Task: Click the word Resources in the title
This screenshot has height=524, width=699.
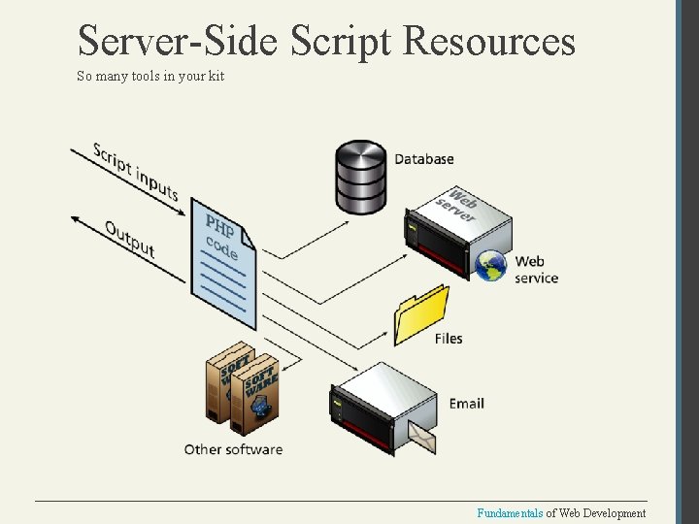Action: click(x=488, y=42)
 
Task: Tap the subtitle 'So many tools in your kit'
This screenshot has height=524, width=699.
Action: click(x=150, y=76)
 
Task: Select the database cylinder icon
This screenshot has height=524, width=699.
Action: click(x=361, y=176)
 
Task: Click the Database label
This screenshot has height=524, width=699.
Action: click(x=424, y=159)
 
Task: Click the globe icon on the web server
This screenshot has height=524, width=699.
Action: click(x=490, y=265)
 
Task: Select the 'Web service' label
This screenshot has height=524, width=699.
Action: click(x=536, y=269)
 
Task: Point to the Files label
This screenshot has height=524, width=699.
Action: click(x=449, y=339)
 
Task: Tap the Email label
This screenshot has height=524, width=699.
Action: click(x=466, y=403)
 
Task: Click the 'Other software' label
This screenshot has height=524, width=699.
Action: click(x=233, y=449)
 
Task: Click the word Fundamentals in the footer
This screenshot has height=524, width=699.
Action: click(x=510, y=513)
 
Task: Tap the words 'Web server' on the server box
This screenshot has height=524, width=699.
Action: click(x=457, y=206)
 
